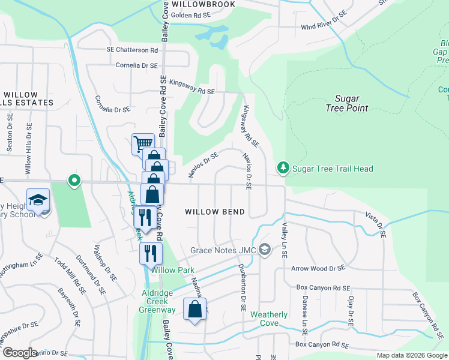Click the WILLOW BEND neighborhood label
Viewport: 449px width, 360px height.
click(214, 212)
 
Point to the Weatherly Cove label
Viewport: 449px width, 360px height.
click(269, 319)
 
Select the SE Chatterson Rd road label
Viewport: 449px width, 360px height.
click(132, 50)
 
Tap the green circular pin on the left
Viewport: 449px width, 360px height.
click(74, 179)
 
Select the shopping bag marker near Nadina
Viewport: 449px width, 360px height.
click(194, 310)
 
